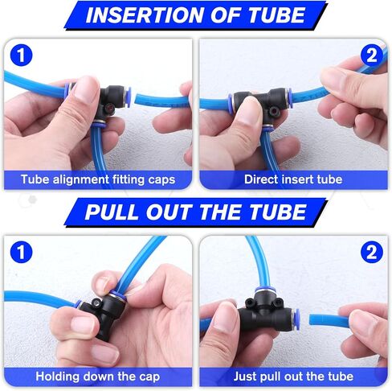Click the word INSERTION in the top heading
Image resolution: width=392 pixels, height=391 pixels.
pos(145,15)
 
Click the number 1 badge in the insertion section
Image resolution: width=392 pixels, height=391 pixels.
pos(21,56)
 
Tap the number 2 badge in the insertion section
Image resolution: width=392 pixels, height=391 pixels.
pos(372,56)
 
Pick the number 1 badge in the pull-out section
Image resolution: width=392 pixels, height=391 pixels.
pos(21,252)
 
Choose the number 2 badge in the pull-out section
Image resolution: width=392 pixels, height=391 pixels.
pos(372,252)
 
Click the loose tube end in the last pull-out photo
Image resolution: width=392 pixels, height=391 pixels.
pos(312,319)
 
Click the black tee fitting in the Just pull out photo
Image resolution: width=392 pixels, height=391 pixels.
pos(267,311)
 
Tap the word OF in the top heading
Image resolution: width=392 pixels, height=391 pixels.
pos(226,15)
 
